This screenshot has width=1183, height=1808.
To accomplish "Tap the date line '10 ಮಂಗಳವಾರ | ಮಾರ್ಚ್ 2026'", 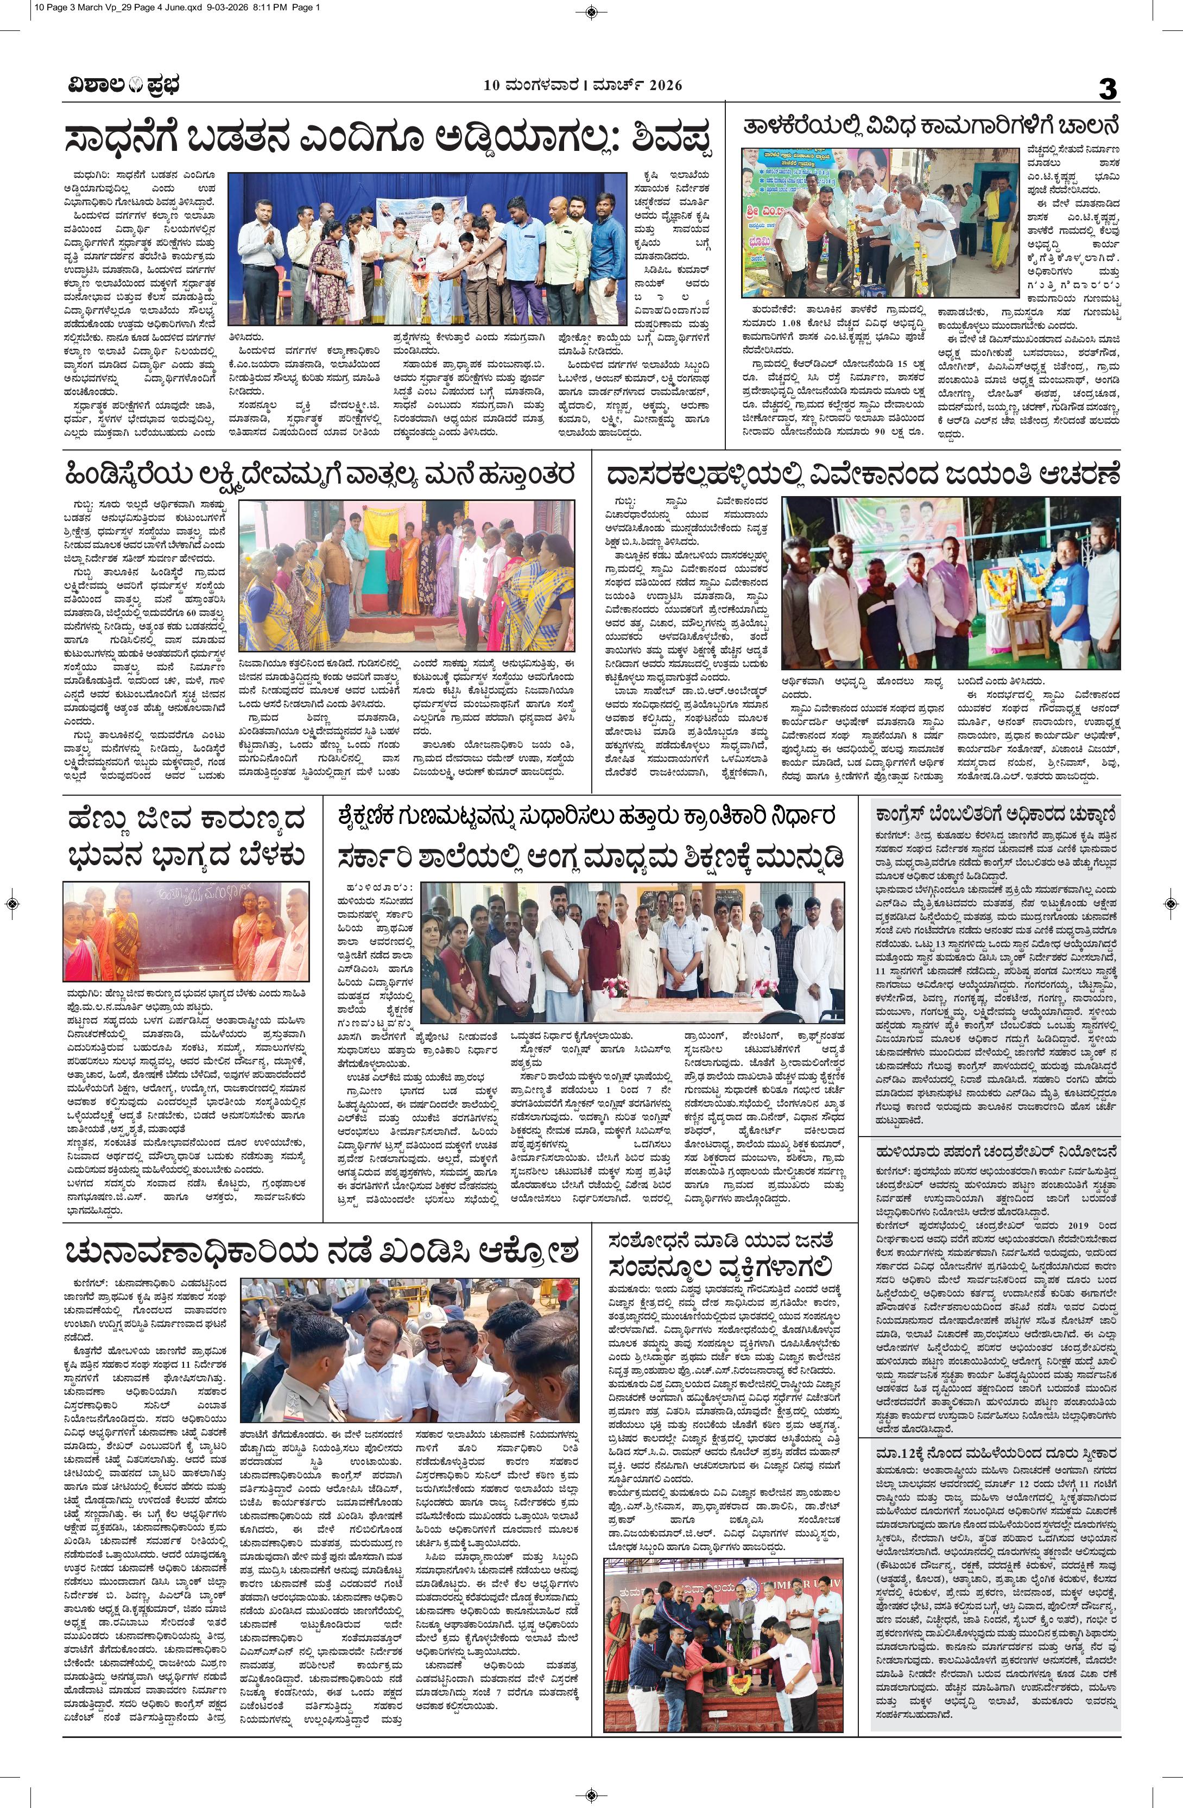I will point(583,86).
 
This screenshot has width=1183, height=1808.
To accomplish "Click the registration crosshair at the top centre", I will point(591,10).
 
